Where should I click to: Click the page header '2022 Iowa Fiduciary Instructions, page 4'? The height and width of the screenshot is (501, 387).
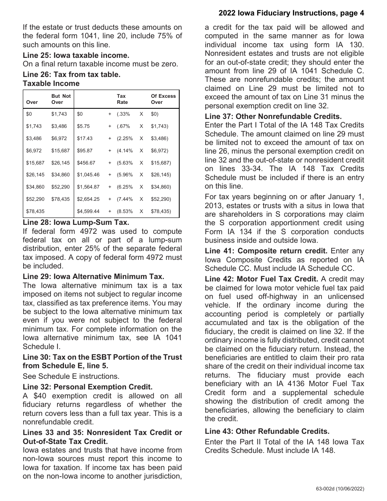[291, 13]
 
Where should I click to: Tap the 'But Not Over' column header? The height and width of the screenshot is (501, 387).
[61, 99]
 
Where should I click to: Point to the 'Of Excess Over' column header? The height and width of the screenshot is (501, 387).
[163, 99]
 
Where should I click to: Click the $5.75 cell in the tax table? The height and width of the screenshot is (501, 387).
[83, 127]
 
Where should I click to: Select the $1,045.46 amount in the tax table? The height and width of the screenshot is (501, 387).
[88, 175]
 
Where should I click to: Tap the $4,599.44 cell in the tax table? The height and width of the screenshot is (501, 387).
[88, 211]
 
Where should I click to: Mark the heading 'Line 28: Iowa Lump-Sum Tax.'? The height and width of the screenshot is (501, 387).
[76, 222]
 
